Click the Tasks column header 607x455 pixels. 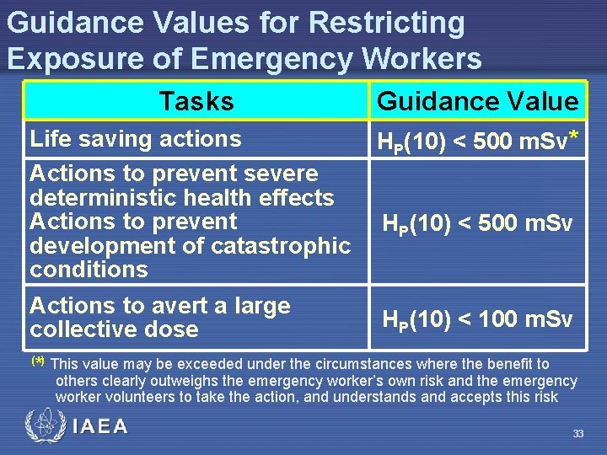196,101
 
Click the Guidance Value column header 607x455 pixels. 477,101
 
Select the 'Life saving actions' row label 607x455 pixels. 136,138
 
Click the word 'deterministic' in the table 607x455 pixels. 120,198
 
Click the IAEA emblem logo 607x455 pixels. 43,426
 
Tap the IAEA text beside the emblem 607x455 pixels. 100,427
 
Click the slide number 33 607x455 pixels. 577,434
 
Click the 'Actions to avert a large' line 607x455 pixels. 160,306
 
